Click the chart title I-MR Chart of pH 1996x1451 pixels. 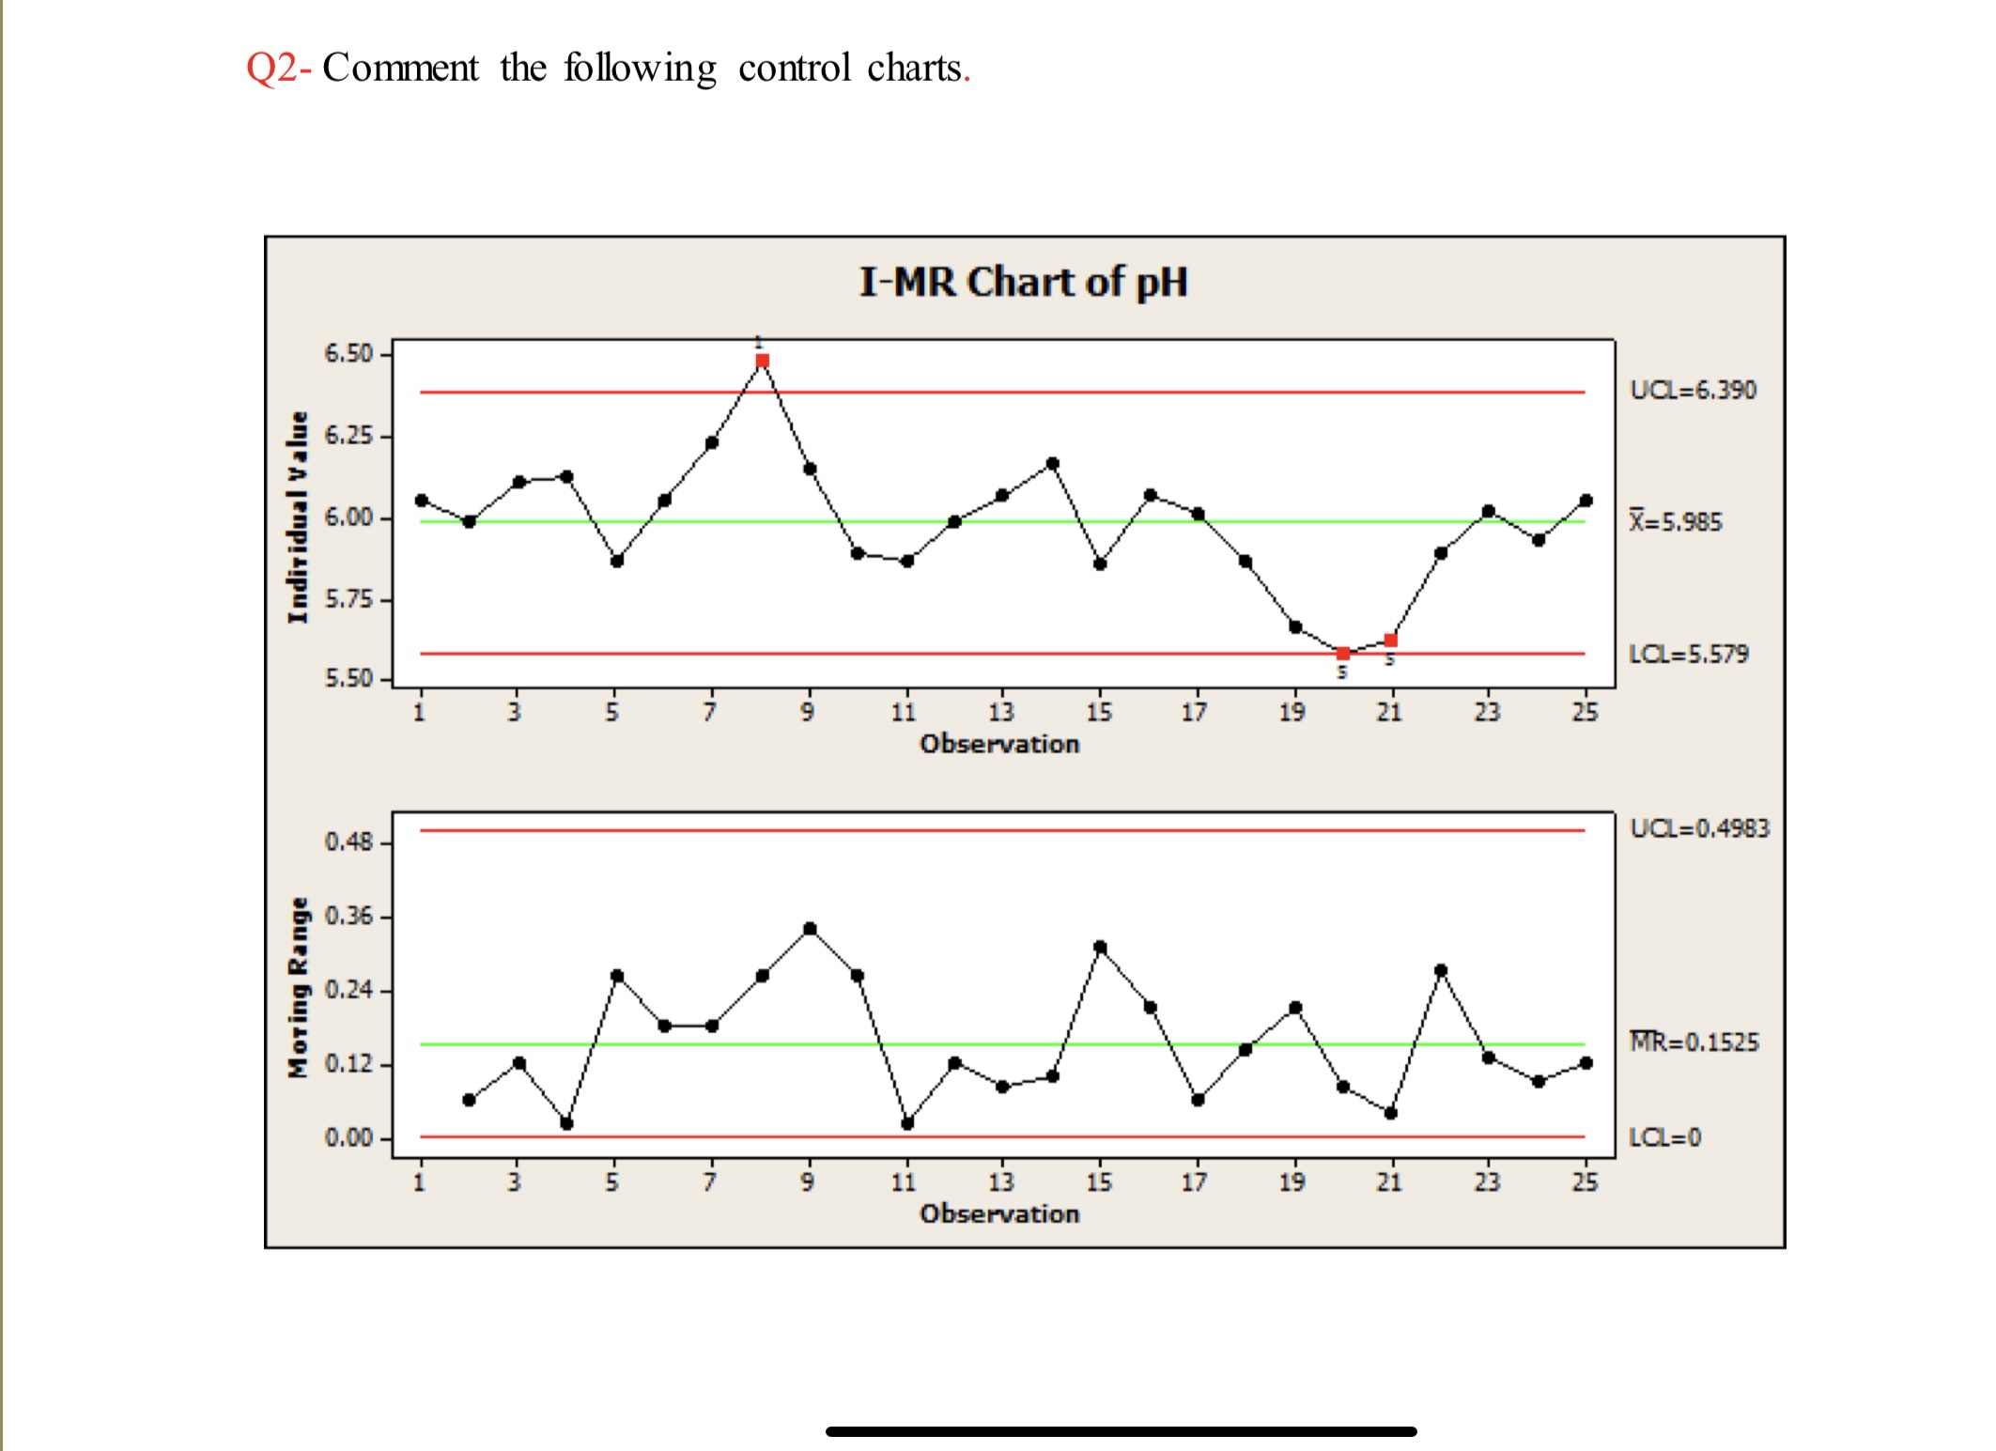(1023, 282)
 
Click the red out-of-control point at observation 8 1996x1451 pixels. (762, 361)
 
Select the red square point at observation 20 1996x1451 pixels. (1342, 653)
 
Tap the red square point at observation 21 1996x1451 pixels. (1390, 641)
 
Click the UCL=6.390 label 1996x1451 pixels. (1693, 390)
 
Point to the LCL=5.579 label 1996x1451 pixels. (1688, 654)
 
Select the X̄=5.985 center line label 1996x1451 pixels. (1676, 521)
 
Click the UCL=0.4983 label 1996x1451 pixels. (1699, 828)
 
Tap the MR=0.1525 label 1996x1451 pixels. (1694, 1042)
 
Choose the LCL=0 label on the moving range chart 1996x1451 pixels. (1664, 1137)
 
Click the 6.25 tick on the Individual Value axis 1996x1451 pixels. (348, 436)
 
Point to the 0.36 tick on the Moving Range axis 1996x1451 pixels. (348, 916)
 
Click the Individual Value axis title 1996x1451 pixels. (298, 517)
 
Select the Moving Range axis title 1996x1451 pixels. (298, 987)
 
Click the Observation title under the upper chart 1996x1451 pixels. (999, 744)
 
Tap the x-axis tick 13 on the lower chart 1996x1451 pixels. (1001, 1181)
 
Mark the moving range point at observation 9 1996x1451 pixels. (810, 929)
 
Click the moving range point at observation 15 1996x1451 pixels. (1100, 948)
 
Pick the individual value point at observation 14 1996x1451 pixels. (1052, 463)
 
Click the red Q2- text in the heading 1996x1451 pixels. (278, 68)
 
